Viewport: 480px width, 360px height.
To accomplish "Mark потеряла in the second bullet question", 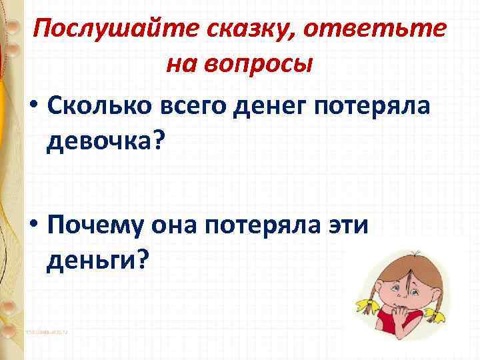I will click(271, 227).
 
